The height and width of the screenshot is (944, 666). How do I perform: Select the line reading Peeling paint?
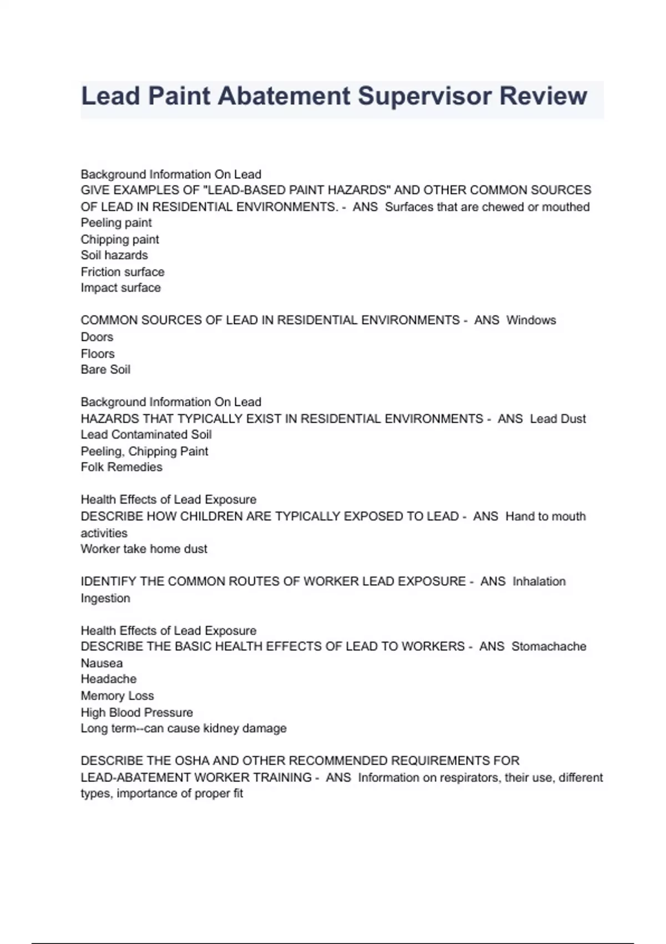(116, 223)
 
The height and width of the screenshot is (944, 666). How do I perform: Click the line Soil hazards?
(114, 255)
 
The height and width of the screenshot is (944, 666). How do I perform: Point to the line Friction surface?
(123, 272)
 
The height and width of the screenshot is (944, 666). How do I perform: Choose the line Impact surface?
(121, 288)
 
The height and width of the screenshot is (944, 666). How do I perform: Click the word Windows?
(531, 320)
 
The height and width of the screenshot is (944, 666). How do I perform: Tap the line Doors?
(97, 337)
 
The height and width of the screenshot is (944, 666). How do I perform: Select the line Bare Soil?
(105, 370)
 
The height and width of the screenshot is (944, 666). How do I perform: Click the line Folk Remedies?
(122, 468)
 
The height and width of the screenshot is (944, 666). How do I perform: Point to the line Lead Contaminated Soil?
(146, 435)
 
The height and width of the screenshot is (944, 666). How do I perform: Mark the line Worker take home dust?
(144, 549)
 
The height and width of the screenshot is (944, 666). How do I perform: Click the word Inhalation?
(539, 581)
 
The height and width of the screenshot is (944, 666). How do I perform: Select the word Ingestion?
(105, 599)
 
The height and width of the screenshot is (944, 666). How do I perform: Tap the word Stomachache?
(548, 647)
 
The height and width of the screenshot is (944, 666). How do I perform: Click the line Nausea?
(102, 664)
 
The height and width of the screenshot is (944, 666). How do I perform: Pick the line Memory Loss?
(117, 696)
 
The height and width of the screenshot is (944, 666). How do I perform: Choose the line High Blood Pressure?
(137, 712)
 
